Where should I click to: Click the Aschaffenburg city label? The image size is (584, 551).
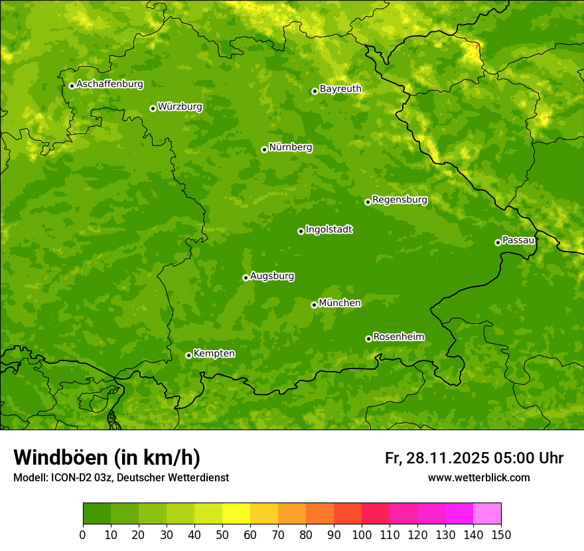coord(110,84)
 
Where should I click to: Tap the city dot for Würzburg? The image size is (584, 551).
coord(153,108)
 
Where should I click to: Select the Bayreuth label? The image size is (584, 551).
coord(340,89)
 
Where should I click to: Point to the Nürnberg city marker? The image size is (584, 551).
coord(264,149)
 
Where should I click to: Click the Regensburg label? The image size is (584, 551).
coord(400,200)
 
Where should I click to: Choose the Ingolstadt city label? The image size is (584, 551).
coord(328,230)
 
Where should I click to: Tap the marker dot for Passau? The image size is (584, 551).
coord(498,242)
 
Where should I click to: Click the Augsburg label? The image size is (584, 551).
coord(272,276)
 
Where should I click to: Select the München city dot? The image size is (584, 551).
coord(314,305)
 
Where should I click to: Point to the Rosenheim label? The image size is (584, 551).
coord(398,337)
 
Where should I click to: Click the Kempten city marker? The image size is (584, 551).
coord(188,355)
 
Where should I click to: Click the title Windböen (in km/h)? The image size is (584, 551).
coord(107,457)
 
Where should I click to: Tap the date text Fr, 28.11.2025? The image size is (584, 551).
coord(437,458)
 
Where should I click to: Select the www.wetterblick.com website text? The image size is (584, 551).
coord(478,477)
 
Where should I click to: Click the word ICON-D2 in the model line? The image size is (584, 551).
coord(70,477)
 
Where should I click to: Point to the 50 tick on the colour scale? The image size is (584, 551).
coord(222,534)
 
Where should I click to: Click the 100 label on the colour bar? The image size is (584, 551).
coord(362,534)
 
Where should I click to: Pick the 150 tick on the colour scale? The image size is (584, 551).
coord(501,534)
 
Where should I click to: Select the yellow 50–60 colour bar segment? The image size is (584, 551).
coord(236,514)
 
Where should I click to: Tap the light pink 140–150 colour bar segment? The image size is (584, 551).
coord(487,514)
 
